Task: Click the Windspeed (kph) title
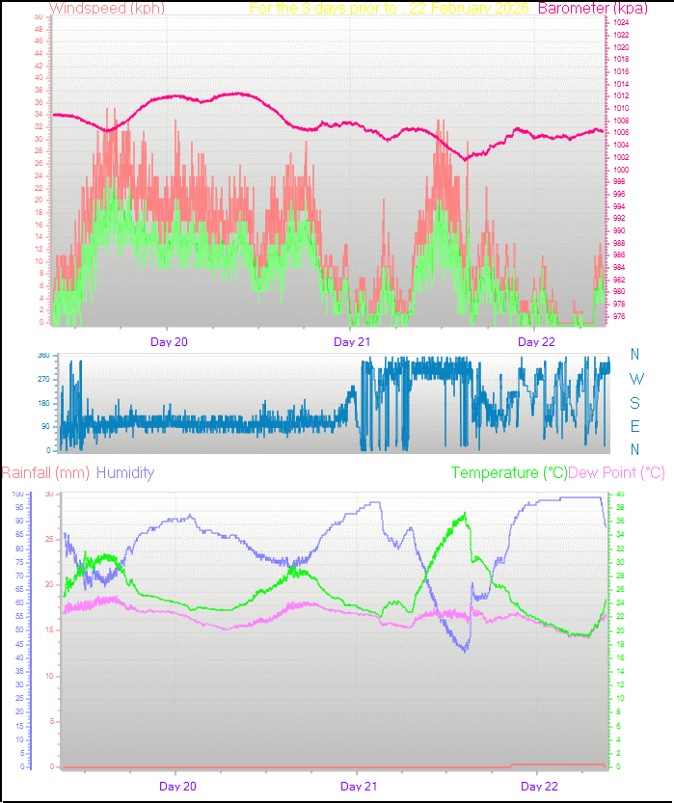[x=107, y=8]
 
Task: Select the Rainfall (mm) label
[x=45, y=472]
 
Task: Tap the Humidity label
[x=125, y=472]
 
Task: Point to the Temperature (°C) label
[x=509, y=472]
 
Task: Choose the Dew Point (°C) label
[x=617, y=472]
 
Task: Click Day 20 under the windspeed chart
[x=169, y=341]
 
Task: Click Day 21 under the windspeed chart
[x=352, y=341]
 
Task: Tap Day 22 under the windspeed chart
[x=537, y=341]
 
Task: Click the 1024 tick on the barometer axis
[x=621, y=22]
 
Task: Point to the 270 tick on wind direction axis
[x=43, y=379]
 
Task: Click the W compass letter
[x=635, y=379]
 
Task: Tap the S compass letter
[x=634, y=403]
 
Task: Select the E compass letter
[x=634, y=426]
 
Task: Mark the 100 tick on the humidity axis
[x=17, y=494]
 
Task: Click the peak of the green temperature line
[x=466, y=514]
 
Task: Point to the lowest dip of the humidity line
[x=465, y=652]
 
